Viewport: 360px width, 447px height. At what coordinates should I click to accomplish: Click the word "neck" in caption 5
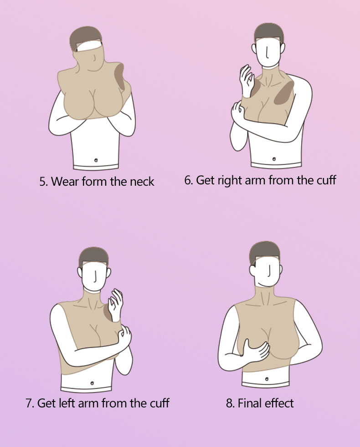pyautogui.click(x=142, y=182)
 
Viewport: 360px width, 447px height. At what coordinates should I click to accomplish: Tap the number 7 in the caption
pyautogui.click(x=29, y=403)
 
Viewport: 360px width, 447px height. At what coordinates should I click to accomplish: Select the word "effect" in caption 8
pyautogui.click(x=279, y=403)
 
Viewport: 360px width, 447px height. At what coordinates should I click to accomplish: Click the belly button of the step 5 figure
pyautogui.click(x=96, y=160)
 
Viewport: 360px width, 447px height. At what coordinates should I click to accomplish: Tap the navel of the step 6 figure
pyautogui.click(x=274, y=159)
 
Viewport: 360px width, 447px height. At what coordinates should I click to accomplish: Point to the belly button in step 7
pyautogui.click(x=92, y=383)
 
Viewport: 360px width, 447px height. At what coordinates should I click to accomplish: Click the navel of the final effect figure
pyautogui.click(x=267, y=379)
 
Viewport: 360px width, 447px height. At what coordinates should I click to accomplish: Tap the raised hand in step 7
pyautogui.click(x=116, y=304)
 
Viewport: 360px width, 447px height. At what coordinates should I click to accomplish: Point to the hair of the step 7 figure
pyautogui.click(x=93, y=256)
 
